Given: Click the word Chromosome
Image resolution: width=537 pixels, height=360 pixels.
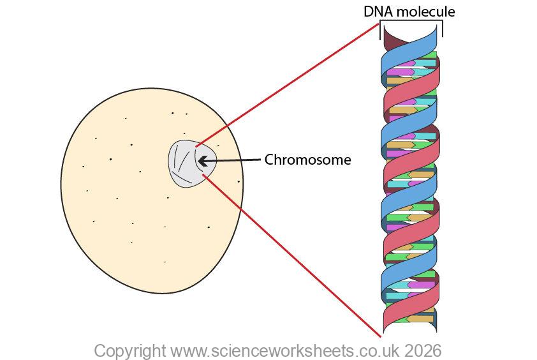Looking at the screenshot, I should pos(307,160).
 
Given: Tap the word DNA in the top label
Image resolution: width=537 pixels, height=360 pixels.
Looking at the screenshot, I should pos(376,11).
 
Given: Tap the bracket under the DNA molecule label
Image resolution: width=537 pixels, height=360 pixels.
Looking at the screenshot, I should pos(411,22).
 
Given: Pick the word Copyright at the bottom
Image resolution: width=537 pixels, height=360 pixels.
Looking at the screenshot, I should pos(130,350).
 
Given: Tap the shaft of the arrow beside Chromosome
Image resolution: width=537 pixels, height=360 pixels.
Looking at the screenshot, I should pos(236,160).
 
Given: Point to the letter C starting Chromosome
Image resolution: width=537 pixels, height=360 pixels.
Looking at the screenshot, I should pos(269,160).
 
